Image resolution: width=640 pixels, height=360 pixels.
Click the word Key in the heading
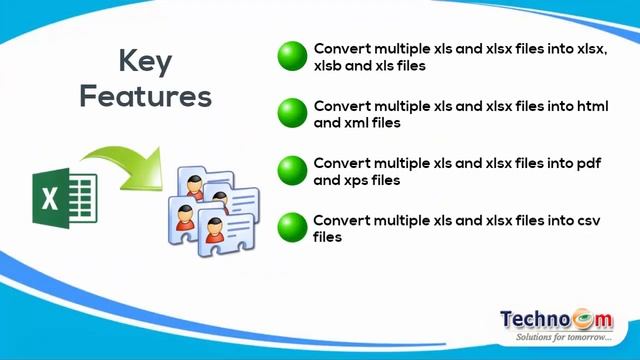145,62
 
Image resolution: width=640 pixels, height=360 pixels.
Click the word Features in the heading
145,97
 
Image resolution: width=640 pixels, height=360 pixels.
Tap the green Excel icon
63,195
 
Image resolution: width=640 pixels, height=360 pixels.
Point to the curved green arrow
120,160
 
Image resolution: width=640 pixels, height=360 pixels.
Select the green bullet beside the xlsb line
292,56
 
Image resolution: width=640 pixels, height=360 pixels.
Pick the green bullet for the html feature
292,113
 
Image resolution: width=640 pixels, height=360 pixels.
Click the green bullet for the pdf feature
292,170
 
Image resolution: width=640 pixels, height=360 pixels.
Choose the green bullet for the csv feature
292,227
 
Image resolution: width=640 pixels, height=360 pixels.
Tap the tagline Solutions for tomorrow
562,338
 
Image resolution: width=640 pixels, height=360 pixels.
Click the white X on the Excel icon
50,196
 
